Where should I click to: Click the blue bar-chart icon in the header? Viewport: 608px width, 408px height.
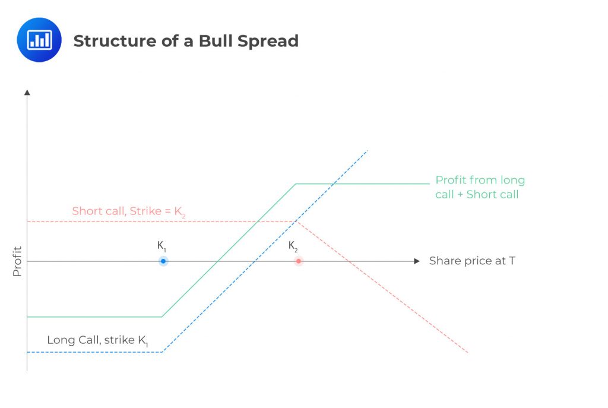coord(39,40)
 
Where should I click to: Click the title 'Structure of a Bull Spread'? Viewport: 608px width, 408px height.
coord(185,41)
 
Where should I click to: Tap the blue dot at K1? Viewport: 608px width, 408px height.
coord(163,261)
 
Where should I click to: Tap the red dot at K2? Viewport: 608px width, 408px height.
coord(299,261)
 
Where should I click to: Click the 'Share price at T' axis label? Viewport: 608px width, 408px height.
coord(472,261)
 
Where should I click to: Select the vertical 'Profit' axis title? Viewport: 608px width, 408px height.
coord(17,261)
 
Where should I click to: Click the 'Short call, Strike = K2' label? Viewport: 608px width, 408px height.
coord(128,211)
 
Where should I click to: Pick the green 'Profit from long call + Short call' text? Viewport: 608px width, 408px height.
coord(480,187)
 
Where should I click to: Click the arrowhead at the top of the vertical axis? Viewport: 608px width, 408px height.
coord(27,92)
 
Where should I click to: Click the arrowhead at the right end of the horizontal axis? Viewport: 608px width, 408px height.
coord(417,261)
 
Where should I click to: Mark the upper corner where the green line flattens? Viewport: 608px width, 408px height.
coord(296,184)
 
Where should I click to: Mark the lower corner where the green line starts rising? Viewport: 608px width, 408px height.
coord(162,317)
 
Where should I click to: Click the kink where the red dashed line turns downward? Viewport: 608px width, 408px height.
coord(297,222)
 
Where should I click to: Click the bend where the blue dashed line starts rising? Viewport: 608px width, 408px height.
coord(162,352)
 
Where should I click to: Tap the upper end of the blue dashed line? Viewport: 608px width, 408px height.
coord(368,151)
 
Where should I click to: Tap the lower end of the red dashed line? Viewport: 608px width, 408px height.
coord(468,353)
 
